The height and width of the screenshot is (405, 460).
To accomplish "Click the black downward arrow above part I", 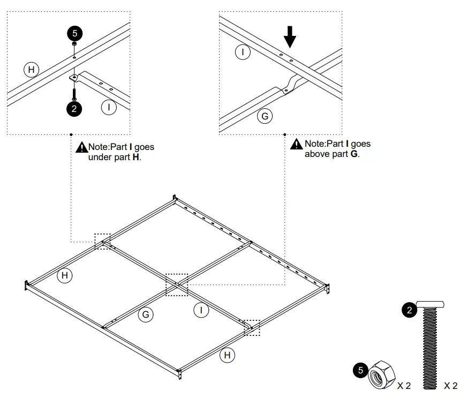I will click(x=289, y=37).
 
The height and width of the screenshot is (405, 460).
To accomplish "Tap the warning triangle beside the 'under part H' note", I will click(x=81, y=147).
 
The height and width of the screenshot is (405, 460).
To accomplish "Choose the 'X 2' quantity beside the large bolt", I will click(x=450, y=386).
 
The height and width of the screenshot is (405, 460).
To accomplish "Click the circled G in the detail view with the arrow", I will click(x=265, y=116).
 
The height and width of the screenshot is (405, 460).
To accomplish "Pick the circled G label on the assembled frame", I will click(x=145, y=314).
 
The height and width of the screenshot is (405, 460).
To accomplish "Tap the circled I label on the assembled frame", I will click(x=201, y=310).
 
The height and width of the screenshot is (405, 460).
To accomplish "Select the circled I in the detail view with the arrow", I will click(x=243, y=52).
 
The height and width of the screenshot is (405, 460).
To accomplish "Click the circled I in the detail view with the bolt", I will click(x=109, y=107).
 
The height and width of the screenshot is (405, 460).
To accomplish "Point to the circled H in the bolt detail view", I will click(x=32, y=69).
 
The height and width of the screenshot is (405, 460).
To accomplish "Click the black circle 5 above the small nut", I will click(x=74, y=33).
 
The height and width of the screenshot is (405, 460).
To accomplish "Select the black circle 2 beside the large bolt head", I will click(x=410, y=310).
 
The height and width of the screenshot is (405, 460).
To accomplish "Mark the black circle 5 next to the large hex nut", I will click(x=360, y=370).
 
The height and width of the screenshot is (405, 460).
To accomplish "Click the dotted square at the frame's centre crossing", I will click(x=177, y=284).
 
